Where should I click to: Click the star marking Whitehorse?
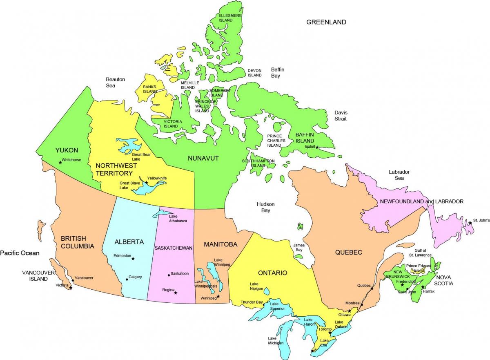(x=60, y=162)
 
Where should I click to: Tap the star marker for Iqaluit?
(x=317, y=147)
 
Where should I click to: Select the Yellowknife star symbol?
(x=146, y=183)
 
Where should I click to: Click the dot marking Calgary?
(x=127, y=280)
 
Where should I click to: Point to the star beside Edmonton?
(x=133, y=258)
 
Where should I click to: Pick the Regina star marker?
(x=176, y=293)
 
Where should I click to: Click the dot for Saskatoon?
(x=169, y=275)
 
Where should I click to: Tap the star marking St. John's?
(x=470, y=223)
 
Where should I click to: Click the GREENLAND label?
(x=326, y=22)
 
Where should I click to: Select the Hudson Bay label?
(x=265, y=207)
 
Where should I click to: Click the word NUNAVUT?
(x=203, y=158)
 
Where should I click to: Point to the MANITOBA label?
(x=220, y=244)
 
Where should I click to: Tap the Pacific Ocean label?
(x=20, y=253)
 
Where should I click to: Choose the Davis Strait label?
(x=341, y=115)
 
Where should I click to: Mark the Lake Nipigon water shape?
(x=266, y=291)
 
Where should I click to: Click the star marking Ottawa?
(x=349, y=311)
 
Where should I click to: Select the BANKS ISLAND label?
(x=150, y=89)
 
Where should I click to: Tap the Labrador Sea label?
(x=399, y=175)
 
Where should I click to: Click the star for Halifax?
(x=423, y=287)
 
